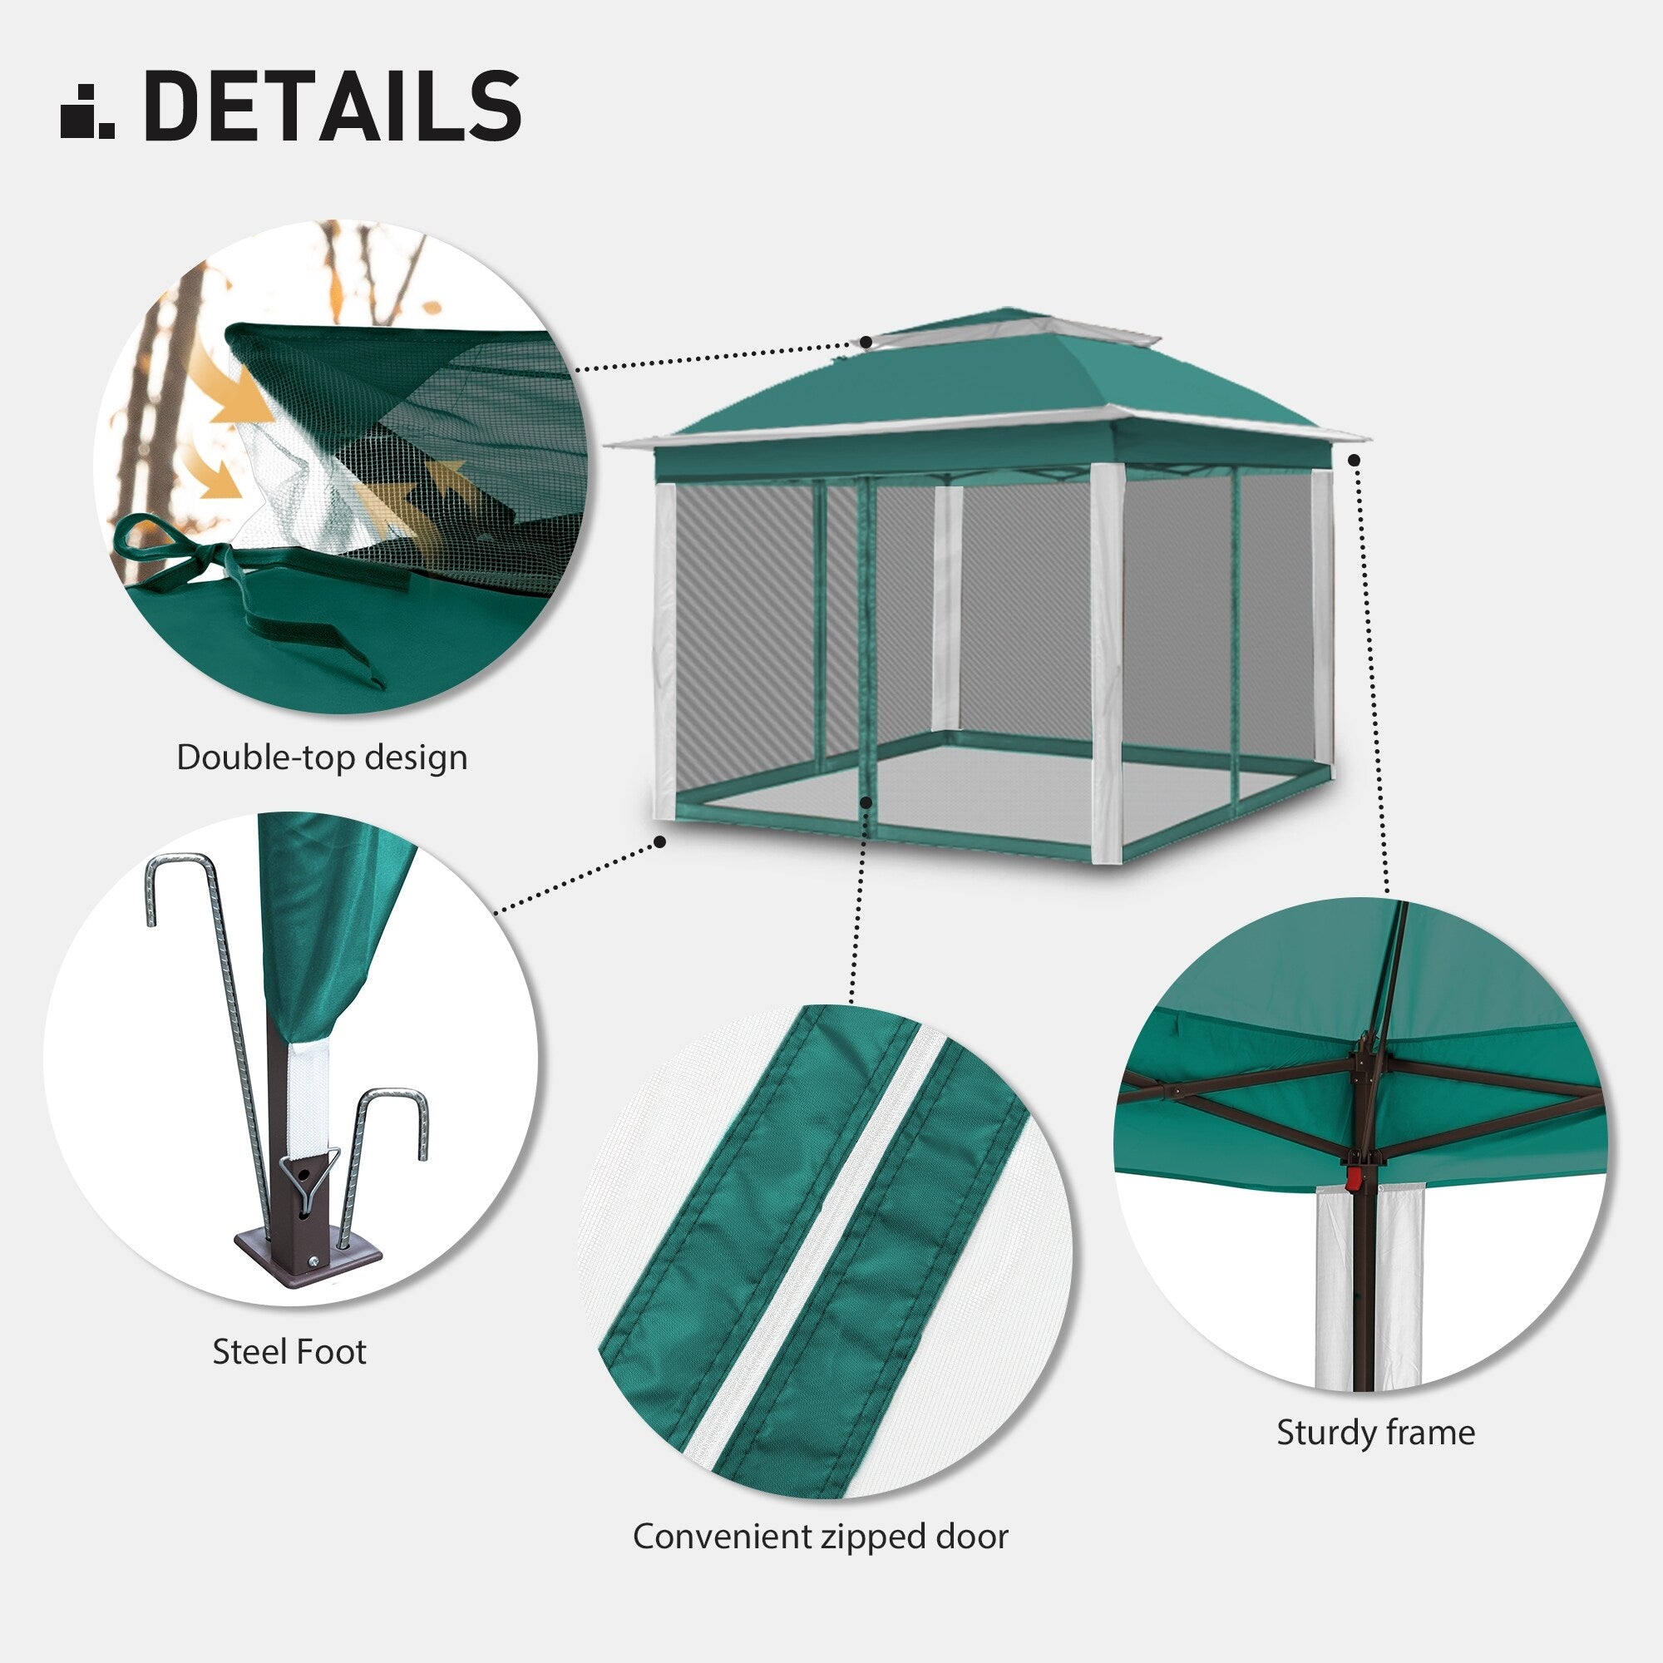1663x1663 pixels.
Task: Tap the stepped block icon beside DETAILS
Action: coord(87,111)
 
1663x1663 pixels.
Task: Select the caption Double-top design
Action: coord(322,757)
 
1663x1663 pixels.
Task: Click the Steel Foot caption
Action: coord(289,1351)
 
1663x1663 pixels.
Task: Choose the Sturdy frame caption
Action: coord(1375,1433)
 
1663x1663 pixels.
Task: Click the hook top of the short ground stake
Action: coord(393,1103)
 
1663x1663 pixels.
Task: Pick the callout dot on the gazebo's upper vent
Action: coord(866,342)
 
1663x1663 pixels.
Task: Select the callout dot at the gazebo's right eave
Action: coord(1355,461)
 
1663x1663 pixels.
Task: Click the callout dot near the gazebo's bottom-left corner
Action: coord(660,841)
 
